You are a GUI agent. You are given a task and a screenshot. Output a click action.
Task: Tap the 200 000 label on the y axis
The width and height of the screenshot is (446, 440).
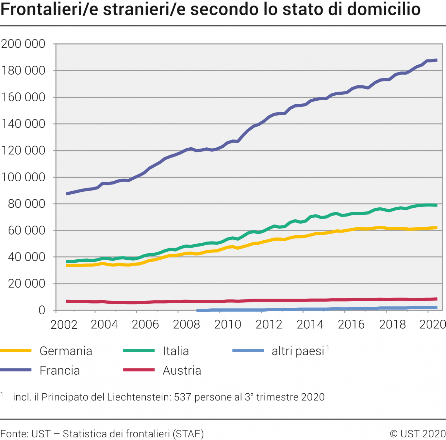[x=23, y=44]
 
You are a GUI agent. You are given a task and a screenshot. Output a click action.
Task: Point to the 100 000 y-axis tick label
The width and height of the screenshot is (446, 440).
[x=23, y=177]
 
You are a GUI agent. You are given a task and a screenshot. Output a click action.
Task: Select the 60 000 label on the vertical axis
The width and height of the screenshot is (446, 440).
[x=26, y=230]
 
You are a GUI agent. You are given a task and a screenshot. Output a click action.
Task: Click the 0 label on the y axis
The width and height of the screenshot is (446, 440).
[x=42, y=310]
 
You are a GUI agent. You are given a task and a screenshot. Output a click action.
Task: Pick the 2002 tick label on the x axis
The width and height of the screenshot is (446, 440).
[x=64, y=324]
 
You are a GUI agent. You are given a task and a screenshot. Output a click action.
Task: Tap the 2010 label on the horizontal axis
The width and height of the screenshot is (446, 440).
[x=227, y=324]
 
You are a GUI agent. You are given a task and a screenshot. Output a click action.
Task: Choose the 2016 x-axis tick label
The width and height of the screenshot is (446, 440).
[x=351, y=324]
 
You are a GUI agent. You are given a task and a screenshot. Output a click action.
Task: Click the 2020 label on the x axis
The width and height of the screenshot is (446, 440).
[x=432, y=324]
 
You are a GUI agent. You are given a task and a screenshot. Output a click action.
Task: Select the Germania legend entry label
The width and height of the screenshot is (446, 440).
[x=66, y=351]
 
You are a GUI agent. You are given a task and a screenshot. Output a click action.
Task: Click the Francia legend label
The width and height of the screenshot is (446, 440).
[x=60, y=370]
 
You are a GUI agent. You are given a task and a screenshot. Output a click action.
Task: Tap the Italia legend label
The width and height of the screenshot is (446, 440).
[x=176, y=351]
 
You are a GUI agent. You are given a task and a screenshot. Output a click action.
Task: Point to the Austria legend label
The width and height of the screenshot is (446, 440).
[x=182, y=370]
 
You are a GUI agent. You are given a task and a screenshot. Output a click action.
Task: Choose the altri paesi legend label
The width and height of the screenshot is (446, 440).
[x=298, y=351]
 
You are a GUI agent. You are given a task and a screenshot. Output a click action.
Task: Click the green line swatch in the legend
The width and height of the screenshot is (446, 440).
[x=139, y=351]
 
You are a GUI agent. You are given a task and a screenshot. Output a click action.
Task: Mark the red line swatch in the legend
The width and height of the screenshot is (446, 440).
[x=139, y=370]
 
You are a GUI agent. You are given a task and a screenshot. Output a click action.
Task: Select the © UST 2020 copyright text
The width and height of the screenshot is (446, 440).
[x=417, y=433]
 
